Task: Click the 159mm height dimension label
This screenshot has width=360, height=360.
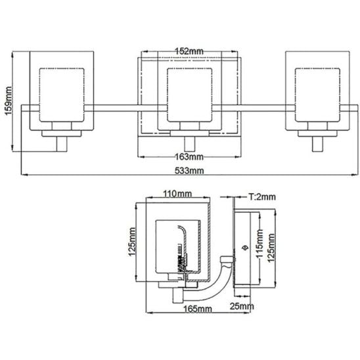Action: (x=8, y=101)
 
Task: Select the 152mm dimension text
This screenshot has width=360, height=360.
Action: (x=189, y=51)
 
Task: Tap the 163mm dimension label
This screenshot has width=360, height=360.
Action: (x=189, y=157)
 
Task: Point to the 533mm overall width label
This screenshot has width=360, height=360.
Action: (x=189, y=171)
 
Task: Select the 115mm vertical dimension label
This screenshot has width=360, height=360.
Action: (x=259, y=244)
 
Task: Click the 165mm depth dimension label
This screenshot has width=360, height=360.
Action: (x=198, y=309)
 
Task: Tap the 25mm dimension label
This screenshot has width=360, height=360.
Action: (x=242, y=306)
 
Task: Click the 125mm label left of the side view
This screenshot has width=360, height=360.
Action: (x=132, y=242)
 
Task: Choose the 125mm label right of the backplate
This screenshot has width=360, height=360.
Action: (x=271, y=248)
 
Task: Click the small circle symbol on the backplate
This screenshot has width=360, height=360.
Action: (x=245, y=248)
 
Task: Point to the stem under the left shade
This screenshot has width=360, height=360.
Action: (x=62, y=144)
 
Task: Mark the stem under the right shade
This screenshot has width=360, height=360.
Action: (x=318, y=144)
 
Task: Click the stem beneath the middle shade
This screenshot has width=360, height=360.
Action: (x=190, y=144)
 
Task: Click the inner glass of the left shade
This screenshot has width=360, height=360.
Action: (x=62, y=95)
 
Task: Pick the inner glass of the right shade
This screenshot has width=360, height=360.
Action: (x=317, y=95)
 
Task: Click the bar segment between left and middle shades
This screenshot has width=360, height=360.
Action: (x=125, y=108)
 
